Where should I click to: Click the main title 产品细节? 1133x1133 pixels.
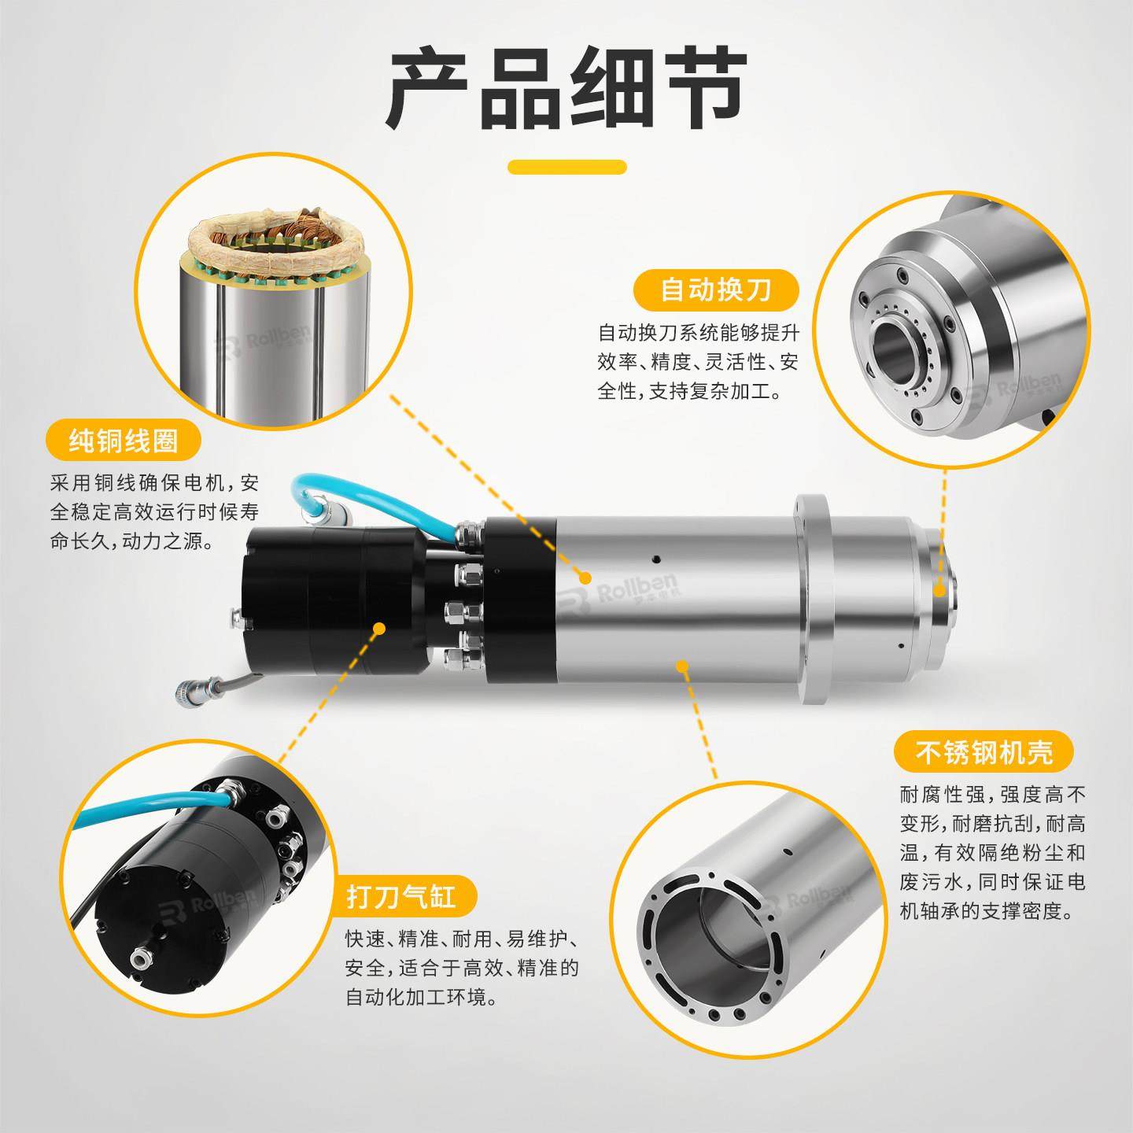click(566, 87)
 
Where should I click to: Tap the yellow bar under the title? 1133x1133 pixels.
click(566, 167)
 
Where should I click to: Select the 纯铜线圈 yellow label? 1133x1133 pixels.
click(124, 440)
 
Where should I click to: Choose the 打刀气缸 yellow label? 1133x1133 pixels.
click(400, 896)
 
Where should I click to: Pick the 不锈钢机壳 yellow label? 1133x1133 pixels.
click(984, 752)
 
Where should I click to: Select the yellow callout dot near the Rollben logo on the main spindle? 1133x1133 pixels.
click(585, 578)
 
